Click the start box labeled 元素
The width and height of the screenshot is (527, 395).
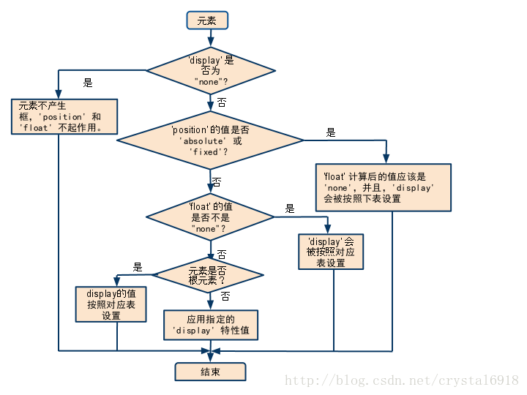(207, 20)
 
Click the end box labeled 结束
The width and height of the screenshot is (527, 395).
(210, 372)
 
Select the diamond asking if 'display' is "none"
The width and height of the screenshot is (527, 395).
(211, 71)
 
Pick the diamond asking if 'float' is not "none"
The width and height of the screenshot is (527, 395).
(210, 217)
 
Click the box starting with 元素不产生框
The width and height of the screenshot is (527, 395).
(64, 117)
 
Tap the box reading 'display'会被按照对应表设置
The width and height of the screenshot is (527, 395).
(331, 252)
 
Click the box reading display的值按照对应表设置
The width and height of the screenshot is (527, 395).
(112, 304)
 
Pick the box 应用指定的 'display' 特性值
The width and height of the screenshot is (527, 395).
(211, 325)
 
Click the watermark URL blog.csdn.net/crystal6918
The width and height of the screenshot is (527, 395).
(401, 380)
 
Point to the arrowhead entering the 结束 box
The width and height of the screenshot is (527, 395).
(210, 357)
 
